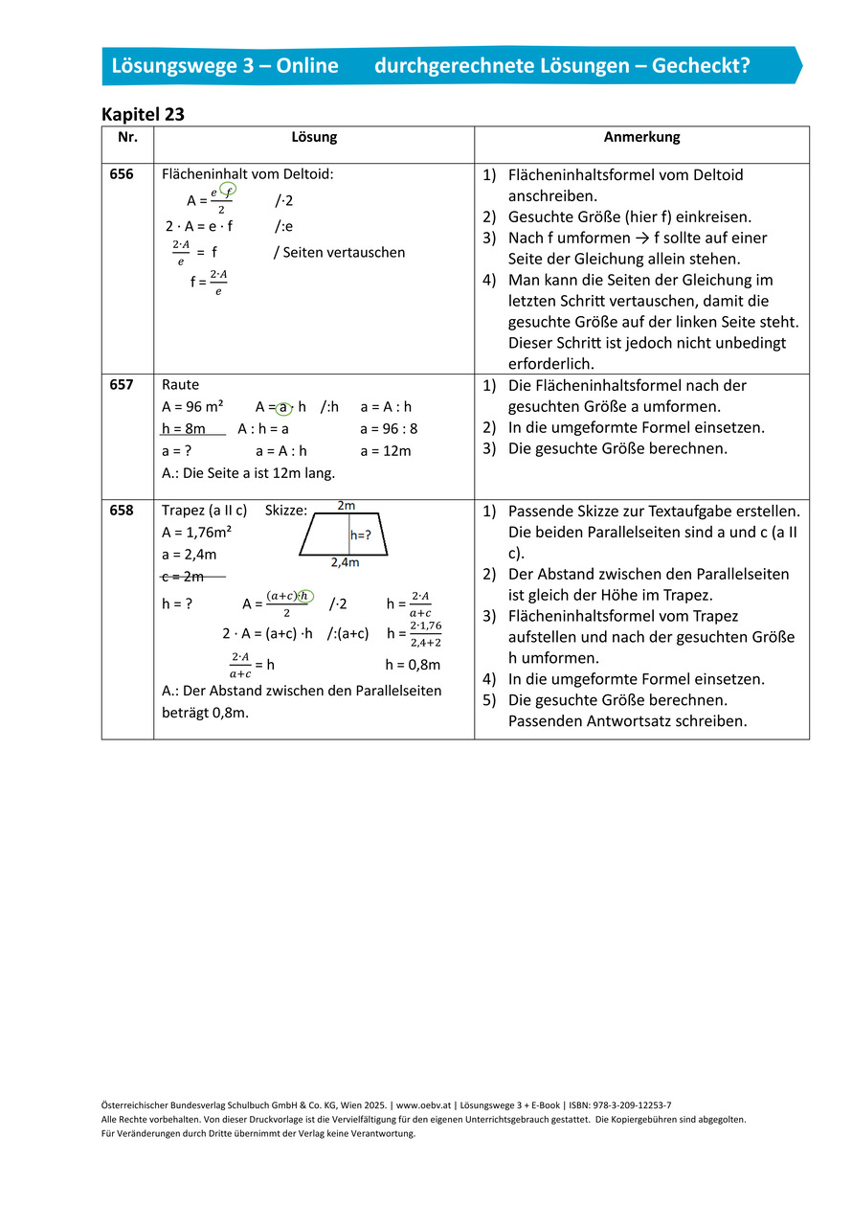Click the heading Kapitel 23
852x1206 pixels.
[x=143, y=114]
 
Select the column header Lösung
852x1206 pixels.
[x=314, y=137]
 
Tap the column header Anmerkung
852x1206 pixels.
[x=641, y=137]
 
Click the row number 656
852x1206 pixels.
[x=122, y=174]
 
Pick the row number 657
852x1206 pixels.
[x=122, y=385]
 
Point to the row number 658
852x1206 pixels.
[x=122, y=511]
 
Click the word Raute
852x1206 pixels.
[x=181, y=385]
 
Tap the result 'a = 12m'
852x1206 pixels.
[x=385, y=451]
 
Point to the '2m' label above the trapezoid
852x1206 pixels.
[x=347, y=505]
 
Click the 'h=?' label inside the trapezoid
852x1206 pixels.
[x=361, y=536]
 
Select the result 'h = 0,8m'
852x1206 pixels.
[x=413, y=664]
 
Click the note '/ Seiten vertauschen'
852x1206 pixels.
[x=339, y=253]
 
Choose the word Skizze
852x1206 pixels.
[x=284, y=511]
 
